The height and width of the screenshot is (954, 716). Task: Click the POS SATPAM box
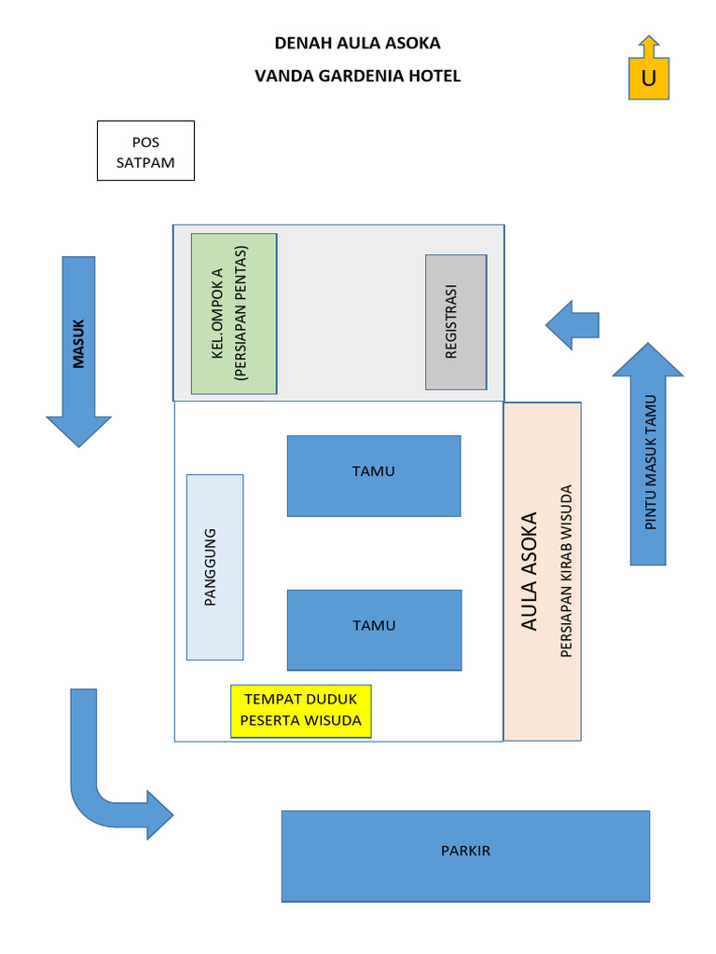click(x=145, y=150)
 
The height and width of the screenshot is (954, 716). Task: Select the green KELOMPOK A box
click(x=233, y=313)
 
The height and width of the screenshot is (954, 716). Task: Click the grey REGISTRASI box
click(x=456, y=321)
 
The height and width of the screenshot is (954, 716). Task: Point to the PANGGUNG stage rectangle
click(x=214, y=566)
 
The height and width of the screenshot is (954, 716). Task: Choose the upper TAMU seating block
click(x=374, y=475)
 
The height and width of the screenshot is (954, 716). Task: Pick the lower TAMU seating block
click(x=374, y=629)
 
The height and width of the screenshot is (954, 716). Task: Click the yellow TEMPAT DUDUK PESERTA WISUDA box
click(x=301, y=711)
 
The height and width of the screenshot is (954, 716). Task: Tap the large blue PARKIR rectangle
click(x=465, y=855)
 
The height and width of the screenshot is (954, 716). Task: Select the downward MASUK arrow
click(x=78, y=354)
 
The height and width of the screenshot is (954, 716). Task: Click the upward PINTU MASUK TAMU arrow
click(x=648, y=457)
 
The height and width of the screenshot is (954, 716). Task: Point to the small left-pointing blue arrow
click(x=571, y=325)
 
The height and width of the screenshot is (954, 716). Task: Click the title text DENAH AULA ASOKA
click(x=357, y=43)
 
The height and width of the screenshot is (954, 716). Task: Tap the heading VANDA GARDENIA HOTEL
click(x=357, y=76)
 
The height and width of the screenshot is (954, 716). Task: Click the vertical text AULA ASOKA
click(x=530, y=571)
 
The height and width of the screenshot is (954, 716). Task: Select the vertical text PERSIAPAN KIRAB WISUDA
click(x=567, y=571)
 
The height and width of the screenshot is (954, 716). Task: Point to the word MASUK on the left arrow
click(x=78, y=344)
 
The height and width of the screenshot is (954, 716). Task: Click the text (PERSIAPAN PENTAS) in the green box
click(x=241, y=313)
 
